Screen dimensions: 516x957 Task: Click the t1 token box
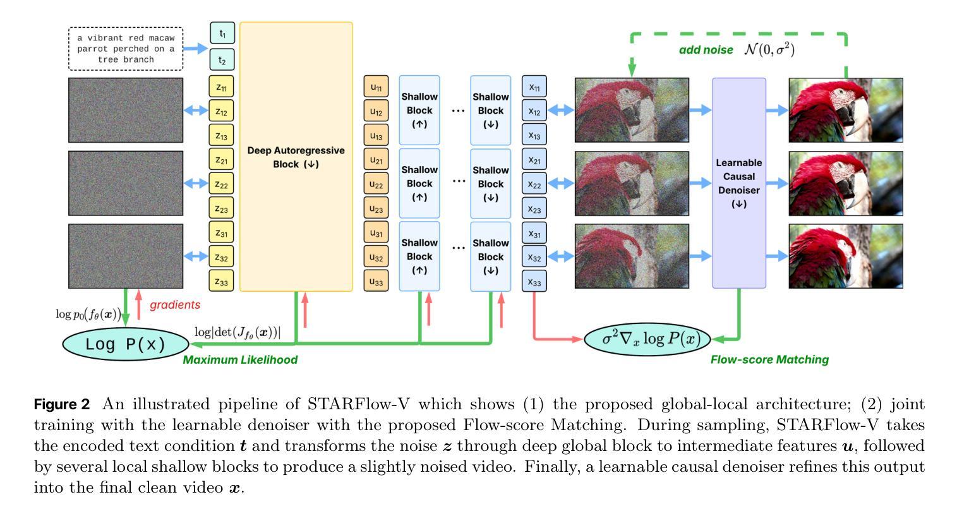222,33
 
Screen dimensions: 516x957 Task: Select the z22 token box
221,184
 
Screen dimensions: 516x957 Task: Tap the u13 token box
376,135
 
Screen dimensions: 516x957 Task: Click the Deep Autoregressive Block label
296,157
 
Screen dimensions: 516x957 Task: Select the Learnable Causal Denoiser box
738,183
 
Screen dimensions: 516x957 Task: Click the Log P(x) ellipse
126,344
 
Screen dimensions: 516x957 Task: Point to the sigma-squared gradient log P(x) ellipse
647,339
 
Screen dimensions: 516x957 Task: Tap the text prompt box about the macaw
126,49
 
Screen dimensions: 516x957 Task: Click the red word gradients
175,305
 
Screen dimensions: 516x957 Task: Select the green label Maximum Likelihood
240,360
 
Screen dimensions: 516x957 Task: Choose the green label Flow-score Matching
769,360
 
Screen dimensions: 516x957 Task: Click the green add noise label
706,50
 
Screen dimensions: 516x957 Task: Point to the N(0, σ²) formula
769,49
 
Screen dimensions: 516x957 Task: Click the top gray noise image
126,110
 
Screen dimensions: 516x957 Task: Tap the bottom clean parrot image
846,256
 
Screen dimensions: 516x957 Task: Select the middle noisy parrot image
632,183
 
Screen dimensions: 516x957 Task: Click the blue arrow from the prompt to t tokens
196,48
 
